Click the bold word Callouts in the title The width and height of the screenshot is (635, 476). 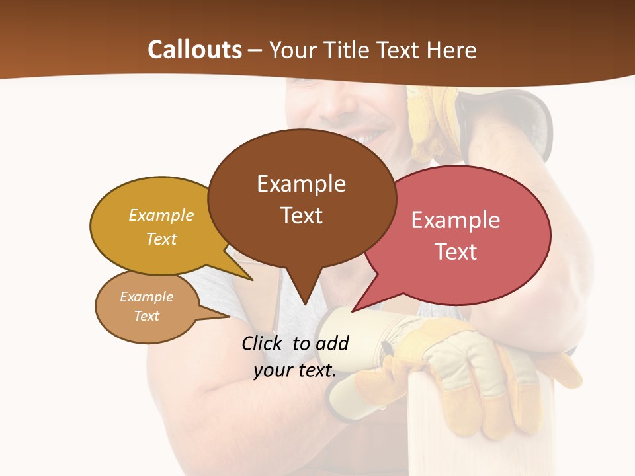[x=194, y=50]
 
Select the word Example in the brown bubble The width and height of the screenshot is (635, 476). [x=301, y=184]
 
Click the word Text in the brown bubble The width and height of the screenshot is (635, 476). [x=301, y=216]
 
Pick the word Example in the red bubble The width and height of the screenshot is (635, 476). [x=456, y=220]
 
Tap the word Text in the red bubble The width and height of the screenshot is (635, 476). [x=456, y=252]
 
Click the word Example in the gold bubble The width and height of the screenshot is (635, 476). [x=161, y=216]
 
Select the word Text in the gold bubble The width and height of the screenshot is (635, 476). [x=161, y=239]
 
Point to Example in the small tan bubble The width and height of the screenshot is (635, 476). [x=146, y=297]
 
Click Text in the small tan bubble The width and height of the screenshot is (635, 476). [x=146, y=316]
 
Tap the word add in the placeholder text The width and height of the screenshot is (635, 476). [x=331, y=343]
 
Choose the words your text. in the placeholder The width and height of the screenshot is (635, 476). [x=295, y=370]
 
